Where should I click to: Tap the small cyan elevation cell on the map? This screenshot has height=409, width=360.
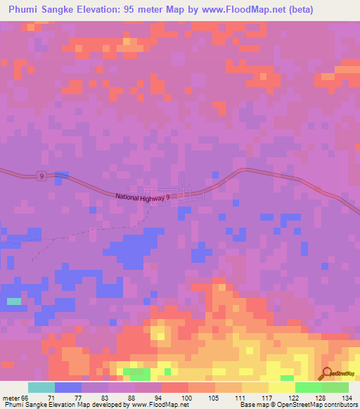[14, 301]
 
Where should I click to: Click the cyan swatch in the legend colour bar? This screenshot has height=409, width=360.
[41, 387]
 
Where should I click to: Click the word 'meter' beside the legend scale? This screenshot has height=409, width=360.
[10, 398]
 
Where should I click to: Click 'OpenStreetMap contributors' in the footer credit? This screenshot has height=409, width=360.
[319, 405]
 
